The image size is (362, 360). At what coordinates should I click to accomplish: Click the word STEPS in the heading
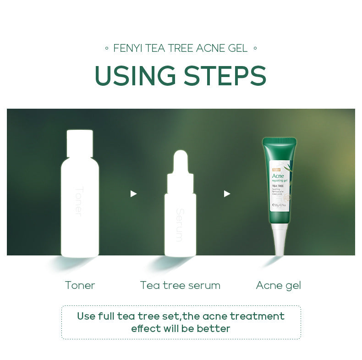coord(224,76)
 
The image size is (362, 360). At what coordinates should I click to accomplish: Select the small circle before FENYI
coord(107,48)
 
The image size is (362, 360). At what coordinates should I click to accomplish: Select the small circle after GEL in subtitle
coord(255,48)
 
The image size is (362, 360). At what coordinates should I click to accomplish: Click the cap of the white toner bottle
coord(80,142)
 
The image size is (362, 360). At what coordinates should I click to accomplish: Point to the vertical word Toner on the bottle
coord(78,201)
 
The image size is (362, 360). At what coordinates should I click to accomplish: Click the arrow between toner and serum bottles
coord(133,194)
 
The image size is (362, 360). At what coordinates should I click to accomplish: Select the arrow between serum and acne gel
coord(227,194)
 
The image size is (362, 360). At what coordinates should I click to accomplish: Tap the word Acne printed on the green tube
coord(278,176)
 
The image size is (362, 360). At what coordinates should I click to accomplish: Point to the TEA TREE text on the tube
coord(278,186)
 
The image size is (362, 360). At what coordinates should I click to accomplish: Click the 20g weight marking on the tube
coord(276,205)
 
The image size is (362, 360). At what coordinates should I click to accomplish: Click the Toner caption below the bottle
coord(80,285)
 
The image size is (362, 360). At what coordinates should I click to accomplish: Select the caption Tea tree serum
coord(180,285)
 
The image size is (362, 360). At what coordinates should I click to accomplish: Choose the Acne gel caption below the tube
coord(278,285)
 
